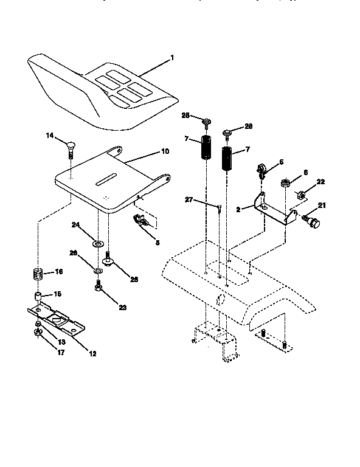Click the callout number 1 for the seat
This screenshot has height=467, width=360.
172,58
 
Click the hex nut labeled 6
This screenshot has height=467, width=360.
284,182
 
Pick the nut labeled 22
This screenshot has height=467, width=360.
300,195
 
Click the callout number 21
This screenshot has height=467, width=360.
322,205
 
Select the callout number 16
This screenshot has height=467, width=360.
59,271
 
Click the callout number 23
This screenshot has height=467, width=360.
122,308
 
